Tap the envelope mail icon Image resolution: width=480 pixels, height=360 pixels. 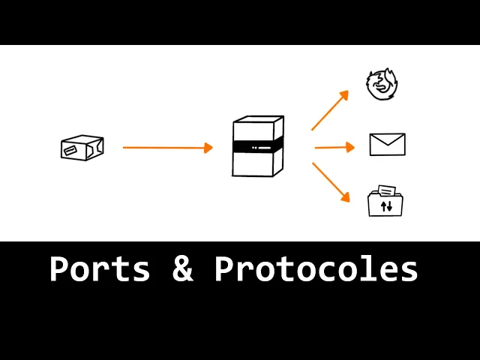click(x=387, y=144)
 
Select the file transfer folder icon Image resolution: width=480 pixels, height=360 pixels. click(x=385, y=202)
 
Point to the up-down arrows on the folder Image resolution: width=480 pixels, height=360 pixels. click(x=386, y=206)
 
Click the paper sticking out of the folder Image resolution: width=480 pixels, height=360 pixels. click(x=387, y=190)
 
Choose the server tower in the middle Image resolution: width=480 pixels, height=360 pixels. click(x=258, y=147)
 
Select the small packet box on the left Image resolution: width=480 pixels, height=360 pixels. click(x=82, y=148)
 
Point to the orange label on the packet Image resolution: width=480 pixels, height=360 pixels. click(x=72, y=151)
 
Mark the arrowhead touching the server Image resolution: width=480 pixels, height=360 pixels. click(x=208, y=148)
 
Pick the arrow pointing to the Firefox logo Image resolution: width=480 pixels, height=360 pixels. click(x=330, y=110)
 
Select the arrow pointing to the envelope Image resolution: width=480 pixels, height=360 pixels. click(x=334, y=147)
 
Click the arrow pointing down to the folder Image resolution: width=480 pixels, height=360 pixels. click(x=331, y=181)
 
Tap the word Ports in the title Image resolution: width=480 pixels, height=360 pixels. click(x=100, y=268)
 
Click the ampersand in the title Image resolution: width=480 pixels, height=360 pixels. click(x=182, y=268)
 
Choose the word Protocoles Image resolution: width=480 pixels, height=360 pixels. click(x=316, y=268)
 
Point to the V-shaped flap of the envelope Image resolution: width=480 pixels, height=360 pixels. click(x=387, y=140)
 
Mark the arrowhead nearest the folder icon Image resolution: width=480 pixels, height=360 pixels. click(x=345, y=198)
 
